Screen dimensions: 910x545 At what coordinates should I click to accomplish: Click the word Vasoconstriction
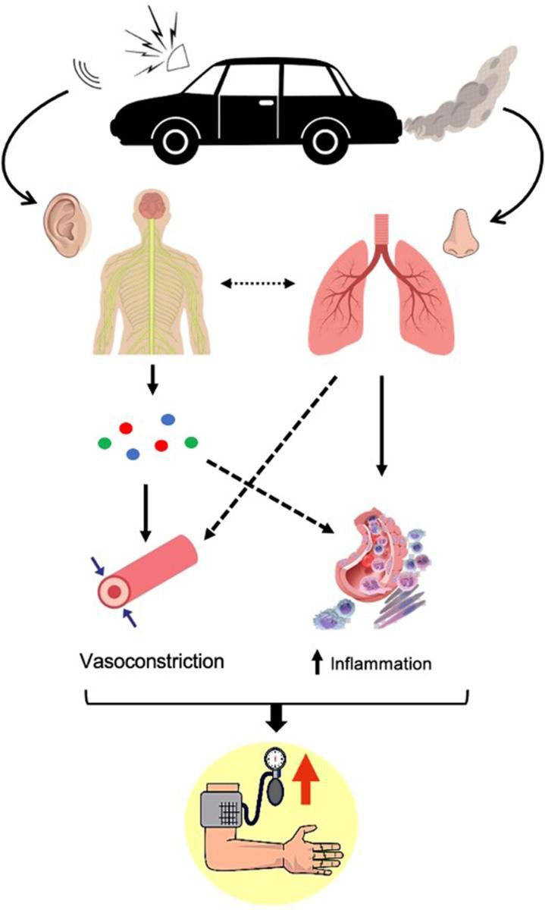(x=152, y=659)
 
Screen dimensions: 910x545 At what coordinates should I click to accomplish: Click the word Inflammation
(x=381, y=664)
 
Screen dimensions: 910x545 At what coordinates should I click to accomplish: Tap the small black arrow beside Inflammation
(x=317, y=664)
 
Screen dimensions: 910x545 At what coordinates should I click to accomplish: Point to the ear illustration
(x=69, y=219)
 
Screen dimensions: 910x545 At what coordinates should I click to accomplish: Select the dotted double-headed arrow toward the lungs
(x=258, y=284)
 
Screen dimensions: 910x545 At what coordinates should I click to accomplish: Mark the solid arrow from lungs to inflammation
(x=382, y=425)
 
